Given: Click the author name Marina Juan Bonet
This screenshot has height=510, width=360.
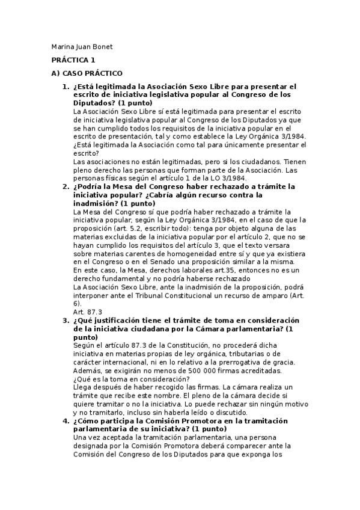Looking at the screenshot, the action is click(82, 47).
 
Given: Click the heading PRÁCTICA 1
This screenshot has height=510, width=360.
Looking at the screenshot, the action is click(73, 60).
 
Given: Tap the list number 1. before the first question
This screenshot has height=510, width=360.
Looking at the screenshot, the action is click(66, 87).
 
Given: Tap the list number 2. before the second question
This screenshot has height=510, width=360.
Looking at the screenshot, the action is click(66, 186).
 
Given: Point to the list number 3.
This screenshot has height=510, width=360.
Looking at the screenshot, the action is click(66, 321).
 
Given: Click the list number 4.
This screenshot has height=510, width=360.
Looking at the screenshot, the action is click(66, 421).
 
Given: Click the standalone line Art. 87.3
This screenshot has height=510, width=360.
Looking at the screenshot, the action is click(87, 312).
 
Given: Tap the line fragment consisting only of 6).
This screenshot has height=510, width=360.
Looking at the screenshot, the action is click(76, 304).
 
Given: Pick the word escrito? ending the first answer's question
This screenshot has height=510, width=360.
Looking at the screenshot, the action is click(86, 153).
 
